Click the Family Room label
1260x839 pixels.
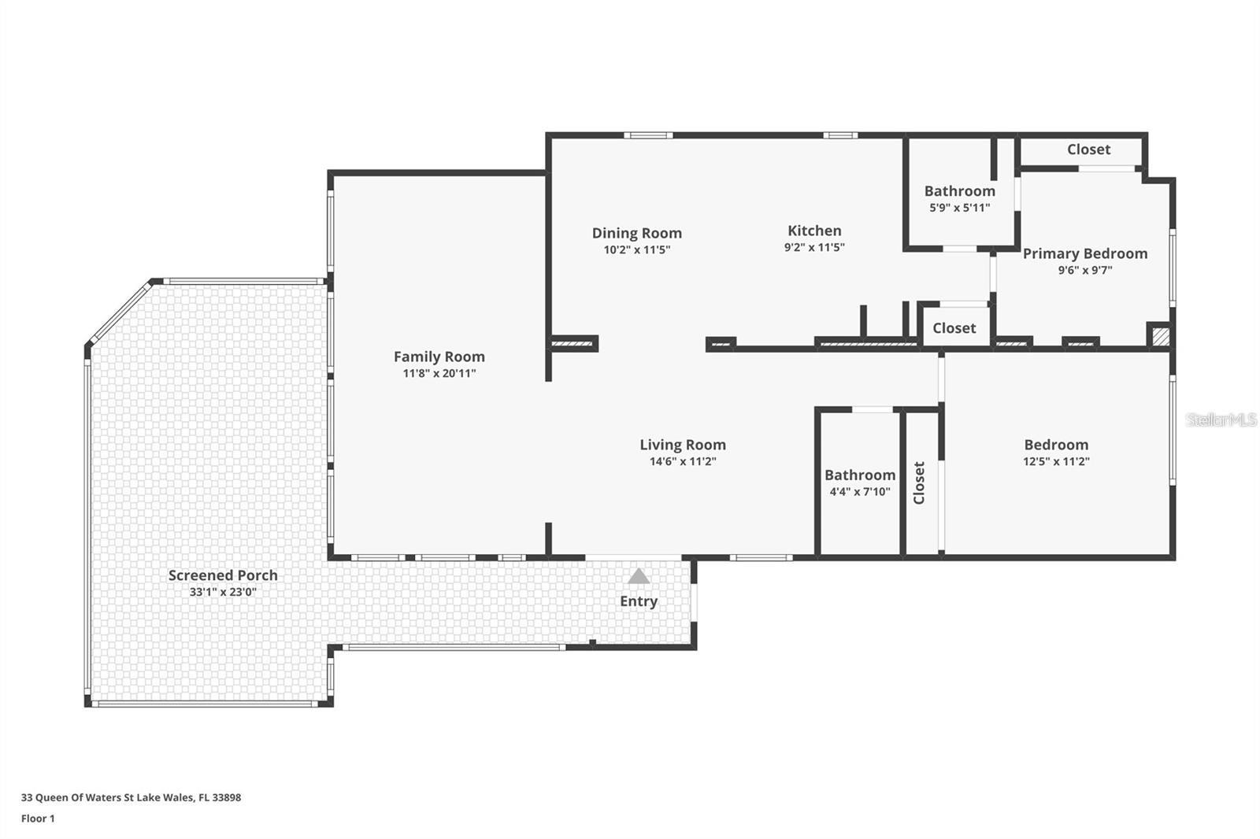coord(439,357)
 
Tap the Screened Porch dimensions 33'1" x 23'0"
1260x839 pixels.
coord(223,592)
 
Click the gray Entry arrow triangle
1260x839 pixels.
coord(639,577)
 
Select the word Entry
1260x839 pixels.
coord(638,601)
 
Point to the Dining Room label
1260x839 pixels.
coord(636,233)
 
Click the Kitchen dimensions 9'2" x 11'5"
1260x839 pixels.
coord(814,247)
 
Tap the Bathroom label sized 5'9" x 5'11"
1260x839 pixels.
coord(959,191)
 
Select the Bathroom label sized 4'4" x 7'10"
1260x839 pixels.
coord(859,475)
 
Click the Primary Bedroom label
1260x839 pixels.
coord(1084,253)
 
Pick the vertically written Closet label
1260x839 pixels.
coord(919,482)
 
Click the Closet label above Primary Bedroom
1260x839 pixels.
coord(1088,150)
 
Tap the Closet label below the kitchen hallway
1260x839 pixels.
coord(954,328)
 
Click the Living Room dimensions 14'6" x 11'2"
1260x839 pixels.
coord(682,462)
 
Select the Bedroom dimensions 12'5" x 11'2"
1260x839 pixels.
coord(1055,462)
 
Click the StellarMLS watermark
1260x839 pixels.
coord(1221,420)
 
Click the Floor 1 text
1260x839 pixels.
coord(38,819)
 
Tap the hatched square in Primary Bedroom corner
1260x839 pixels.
coord(1159,336)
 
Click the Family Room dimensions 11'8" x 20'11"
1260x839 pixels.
coord(439,374)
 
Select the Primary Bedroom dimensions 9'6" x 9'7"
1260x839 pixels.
coord(1084,271)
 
